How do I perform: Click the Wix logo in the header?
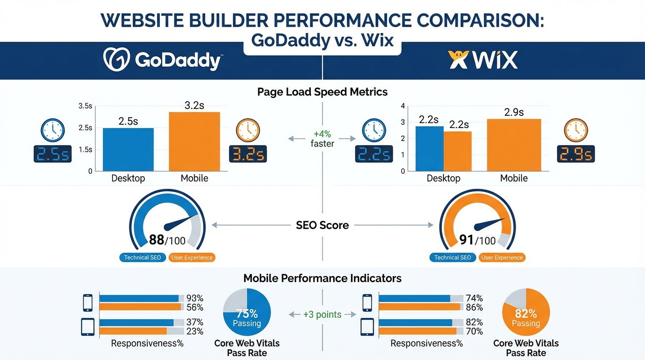click(x=483, y=60)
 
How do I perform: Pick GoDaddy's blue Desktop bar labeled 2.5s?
click(x=128, y=150)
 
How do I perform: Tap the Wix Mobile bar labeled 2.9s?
click(x=514, y=145)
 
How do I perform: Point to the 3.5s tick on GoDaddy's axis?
click(x=85, y=106)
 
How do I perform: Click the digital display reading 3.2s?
click(x=247, y=154)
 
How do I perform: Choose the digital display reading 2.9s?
click(x=575, y=154)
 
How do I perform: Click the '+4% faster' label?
click(x=322, y=139)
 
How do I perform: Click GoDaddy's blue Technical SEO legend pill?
click(x=142, y=257)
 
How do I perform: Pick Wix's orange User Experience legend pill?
click(x=502, y=257)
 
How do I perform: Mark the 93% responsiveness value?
click(x=195, y=299)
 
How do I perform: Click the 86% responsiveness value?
click(x=474, y=308)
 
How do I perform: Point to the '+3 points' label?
click(x=322, y=315)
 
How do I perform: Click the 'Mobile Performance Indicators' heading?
click(x=322, y=278)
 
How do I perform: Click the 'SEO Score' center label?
click(x=322, y=225)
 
